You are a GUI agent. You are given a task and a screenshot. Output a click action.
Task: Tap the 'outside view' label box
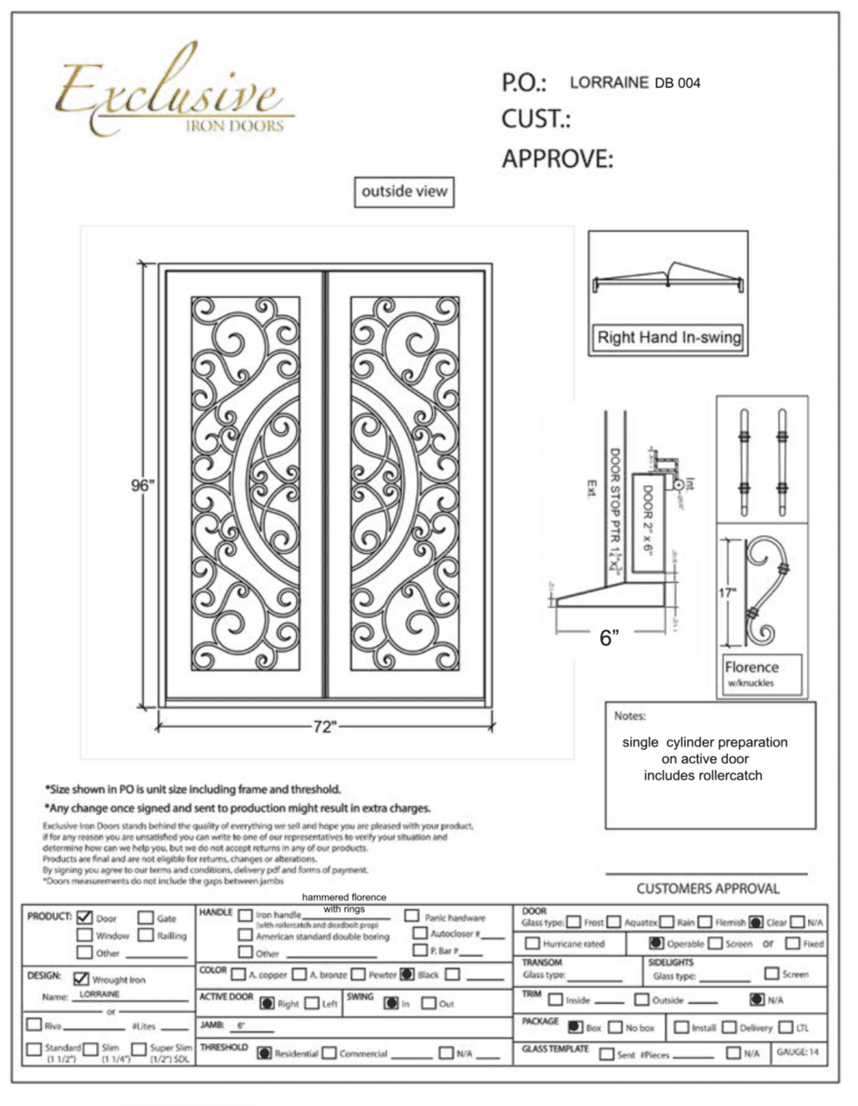[404, 191]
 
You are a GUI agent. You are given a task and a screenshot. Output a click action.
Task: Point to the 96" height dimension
[142, 485]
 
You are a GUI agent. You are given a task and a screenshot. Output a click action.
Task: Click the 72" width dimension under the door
[325, 726]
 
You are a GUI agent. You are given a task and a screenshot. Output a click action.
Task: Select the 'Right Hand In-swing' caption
[669, 337]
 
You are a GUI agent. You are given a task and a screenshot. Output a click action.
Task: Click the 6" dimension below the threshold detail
[609, 638]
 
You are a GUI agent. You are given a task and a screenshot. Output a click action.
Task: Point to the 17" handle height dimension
[727, 593]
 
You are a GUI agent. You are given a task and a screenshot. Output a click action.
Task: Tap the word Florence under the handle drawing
[751, 667]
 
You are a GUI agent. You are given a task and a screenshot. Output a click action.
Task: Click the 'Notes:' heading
[630, 716]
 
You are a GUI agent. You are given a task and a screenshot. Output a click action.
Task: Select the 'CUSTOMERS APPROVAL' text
[708, 888]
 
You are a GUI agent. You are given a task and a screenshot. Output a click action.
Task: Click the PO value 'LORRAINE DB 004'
[635, 82]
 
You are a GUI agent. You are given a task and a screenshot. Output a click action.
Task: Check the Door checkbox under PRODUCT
[85, 918]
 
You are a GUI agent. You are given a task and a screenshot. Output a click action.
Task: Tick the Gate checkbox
[146, 918]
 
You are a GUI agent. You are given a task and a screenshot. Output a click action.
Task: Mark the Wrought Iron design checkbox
[81, 979]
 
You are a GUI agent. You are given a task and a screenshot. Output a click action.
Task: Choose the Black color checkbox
[407, 974]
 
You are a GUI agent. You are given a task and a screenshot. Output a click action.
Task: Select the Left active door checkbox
[312, 1003]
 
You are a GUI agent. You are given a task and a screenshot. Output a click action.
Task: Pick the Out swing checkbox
[428, 1003]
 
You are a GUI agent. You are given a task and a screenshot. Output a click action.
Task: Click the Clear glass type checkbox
[756, 922]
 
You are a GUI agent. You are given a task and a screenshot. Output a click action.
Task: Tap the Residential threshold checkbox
[264, 1053]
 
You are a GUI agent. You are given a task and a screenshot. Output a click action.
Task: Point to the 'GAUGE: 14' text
[798, 1051]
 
